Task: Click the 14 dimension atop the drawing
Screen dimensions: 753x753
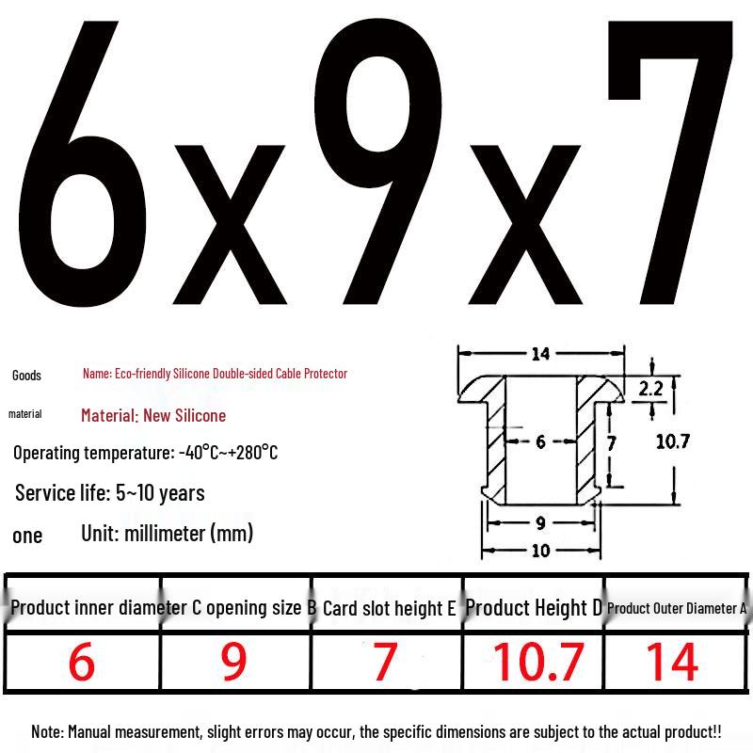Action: (540, 355)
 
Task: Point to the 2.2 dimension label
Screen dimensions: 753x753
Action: (650, 389)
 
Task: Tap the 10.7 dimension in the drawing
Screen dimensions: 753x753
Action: (673, 441)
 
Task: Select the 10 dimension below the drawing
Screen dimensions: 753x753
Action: (540, 551)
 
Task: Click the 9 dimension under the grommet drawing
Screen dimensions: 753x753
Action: (540, 523)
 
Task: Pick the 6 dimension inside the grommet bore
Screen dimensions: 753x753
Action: (540, 441)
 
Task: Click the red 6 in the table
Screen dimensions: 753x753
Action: (82, 662)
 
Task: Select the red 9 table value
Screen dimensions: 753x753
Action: (233, 662)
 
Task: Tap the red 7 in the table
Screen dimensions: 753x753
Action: (385, 662)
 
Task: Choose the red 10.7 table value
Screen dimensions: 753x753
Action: (538, 662)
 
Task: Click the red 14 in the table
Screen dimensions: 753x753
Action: (673, 662)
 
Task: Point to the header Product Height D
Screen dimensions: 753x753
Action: (534, 608)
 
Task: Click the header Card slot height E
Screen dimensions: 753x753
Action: (389, 608)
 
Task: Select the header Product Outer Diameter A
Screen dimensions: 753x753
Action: (677, 608)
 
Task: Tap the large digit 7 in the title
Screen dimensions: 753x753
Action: (670, 162)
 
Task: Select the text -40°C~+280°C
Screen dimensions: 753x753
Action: (228, 453)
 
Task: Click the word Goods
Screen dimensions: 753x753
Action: (26, 375)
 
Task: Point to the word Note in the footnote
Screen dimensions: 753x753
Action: (47, 732)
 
